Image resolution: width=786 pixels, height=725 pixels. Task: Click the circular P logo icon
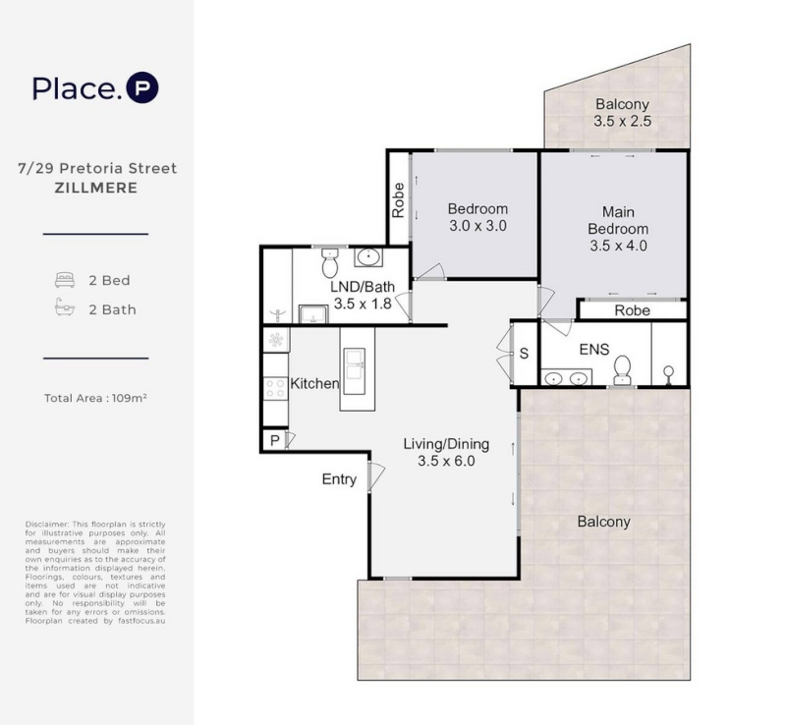[x=142, y=88]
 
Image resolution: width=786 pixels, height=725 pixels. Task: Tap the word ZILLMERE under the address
[x=95, y=188]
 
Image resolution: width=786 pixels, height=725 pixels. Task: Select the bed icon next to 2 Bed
[x=65, y=280]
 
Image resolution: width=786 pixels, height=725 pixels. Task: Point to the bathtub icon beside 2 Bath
[x=65, y=307]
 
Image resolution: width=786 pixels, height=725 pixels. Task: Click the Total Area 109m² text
[x=95, y=398]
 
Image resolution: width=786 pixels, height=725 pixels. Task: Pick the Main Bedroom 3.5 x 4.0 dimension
[x=618, y=246]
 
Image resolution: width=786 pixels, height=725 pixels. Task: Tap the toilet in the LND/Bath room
[x=329, y=262]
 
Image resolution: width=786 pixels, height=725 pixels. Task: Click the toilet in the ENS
[x=623, y=370]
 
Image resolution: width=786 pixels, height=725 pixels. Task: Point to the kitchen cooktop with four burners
[x=275, y=388]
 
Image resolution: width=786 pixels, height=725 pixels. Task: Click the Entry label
[x=339, y=479]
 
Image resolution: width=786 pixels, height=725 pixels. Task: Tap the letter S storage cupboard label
[x=524, y=354]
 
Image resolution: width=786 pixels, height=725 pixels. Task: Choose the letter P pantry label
[x=275, y=441]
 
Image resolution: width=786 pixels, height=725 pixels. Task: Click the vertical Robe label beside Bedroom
[x=398, y=200]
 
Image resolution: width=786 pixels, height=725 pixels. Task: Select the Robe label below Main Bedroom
[x=632, y=310]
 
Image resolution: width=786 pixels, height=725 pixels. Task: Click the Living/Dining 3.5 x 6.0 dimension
[x=446, y=461]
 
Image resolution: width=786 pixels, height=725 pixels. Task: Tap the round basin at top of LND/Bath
[x=369, y=257]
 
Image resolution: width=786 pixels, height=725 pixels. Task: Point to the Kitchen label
[x=314, y=383]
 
